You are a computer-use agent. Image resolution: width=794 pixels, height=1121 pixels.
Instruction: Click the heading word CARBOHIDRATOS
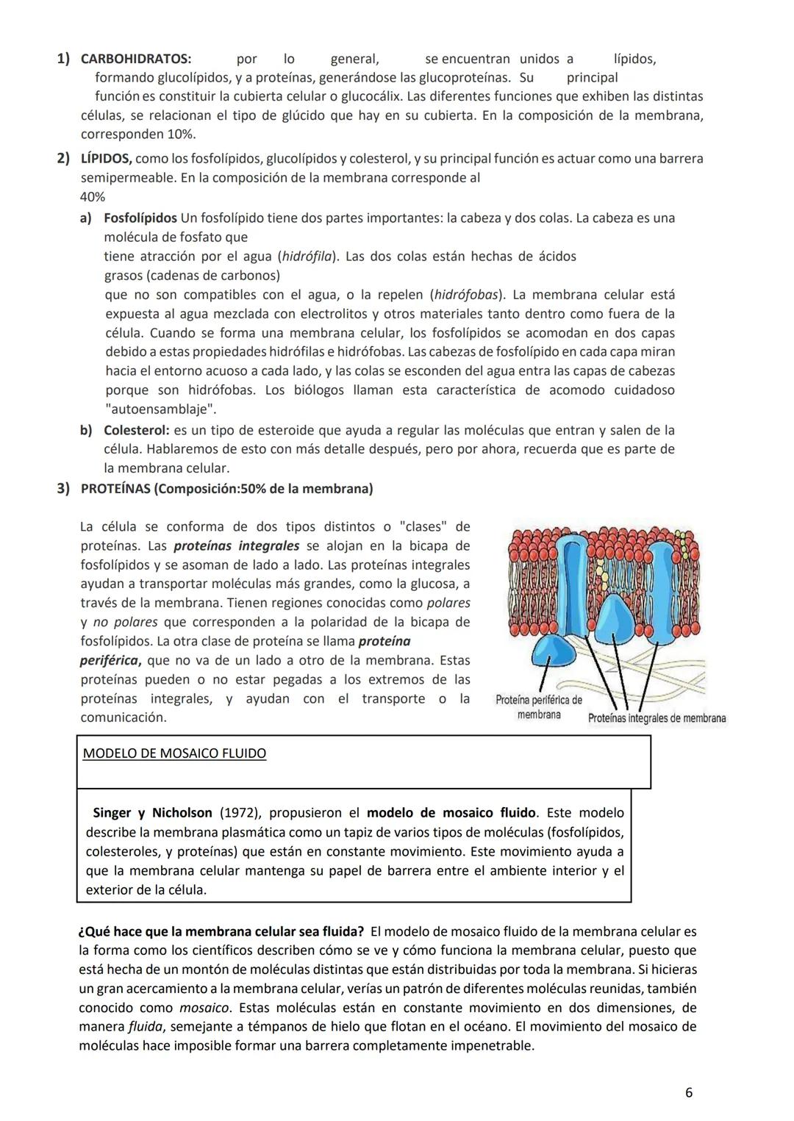click(x=135, y=59)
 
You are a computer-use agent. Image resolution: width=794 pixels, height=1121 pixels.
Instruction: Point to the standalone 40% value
click(x=92, y=197)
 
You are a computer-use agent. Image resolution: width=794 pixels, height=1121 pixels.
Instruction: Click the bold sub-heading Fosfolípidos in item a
click(x=140, y=218)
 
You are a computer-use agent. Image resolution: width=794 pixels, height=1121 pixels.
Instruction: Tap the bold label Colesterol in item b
click(x=136, y=430)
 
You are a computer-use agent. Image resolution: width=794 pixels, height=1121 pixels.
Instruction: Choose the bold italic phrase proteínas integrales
click(x=236, y=546)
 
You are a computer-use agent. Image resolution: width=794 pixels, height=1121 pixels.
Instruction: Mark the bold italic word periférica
click(x=109, y=661)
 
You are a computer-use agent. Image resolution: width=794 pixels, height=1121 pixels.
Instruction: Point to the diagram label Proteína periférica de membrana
click(x=539, y=707)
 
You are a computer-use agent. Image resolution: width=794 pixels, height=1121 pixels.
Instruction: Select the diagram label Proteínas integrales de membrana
click(x=657, y=719)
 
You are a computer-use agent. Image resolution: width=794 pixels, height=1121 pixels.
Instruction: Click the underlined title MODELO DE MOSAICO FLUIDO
click(x=174, y=754)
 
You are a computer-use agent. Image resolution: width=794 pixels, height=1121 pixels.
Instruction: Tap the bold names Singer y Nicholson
click(x=153, y=813)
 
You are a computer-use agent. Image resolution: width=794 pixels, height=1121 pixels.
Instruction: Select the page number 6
click(x=688, y=1093)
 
